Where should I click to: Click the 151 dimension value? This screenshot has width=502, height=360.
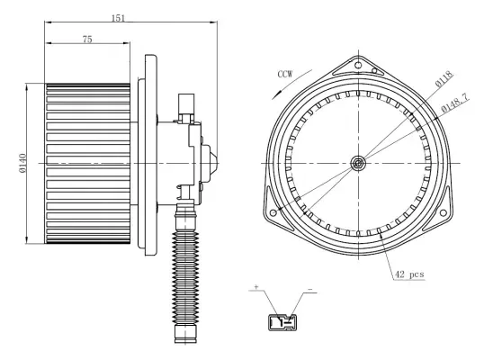[118, 18]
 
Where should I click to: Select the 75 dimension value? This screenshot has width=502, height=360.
[87, 40]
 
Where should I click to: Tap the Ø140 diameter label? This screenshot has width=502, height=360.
[23, 163]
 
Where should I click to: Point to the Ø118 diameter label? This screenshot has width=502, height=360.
[444, 78]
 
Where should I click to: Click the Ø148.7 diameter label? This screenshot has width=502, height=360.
[454, 103]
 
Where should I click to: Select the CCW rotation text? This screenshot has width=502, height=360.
[285, 75]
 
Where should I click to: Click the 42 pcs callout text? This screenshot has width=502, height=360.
[409, 274]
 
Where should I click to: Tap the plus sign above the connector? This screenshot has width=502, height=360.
[256, 287]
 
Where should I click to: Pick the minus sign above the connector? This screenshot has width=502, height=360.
[309, 290]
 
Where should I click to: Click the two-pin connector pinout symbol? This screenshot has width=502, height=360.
[282, 322]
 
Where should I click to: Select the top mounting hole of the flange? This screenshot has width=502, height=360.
[359, 66]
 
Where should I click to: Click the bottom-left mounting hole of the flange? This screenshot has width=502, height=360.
[273, 212]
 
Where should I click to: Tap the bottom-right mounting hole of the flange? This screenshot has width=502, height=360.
[444, 213]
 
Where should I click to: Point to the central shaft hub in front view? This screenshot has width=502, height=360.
[358, 163]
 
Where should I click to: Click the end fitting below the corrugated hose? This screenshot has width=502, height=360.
[185, 334]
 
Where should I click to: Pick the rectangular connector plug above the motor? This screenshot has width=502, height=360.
[186, 103]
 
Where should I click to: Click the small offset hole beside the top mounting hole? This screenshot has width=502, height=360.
[374, 71]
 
